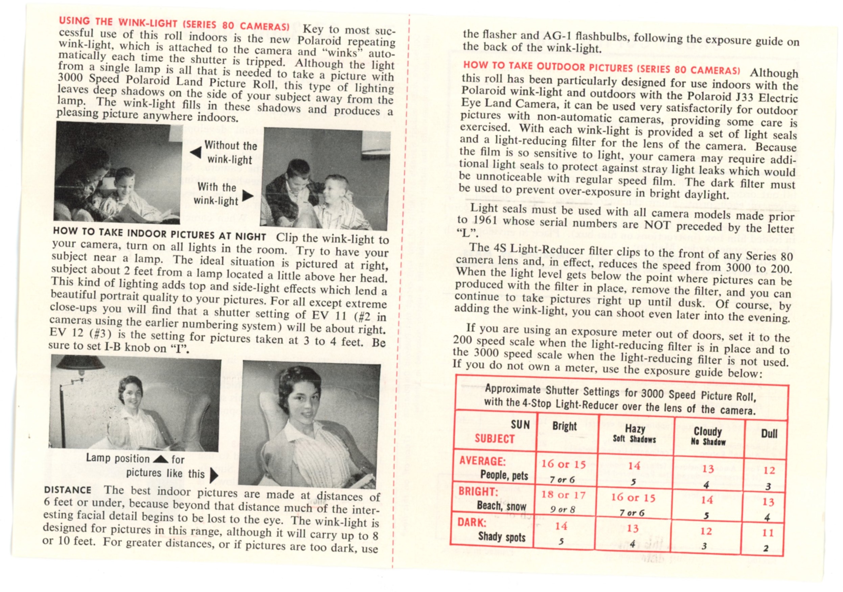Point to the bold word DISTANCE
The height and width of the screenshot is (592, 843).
click(68, 490)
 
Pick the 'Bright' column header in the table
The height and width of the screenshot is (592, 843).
click(564, 426)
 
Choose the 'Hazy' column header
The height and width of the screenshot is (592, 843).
click(635, 429)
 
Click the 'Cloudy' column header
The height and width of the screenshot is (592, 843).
click(708, 431)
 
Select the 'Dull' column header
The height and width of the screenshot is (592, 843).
click(769, 434)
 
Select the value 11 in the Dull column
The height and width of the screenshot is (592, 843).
click(767, 532)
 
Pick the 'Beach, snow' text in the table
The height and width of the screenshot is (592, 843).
click(501, 506)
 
